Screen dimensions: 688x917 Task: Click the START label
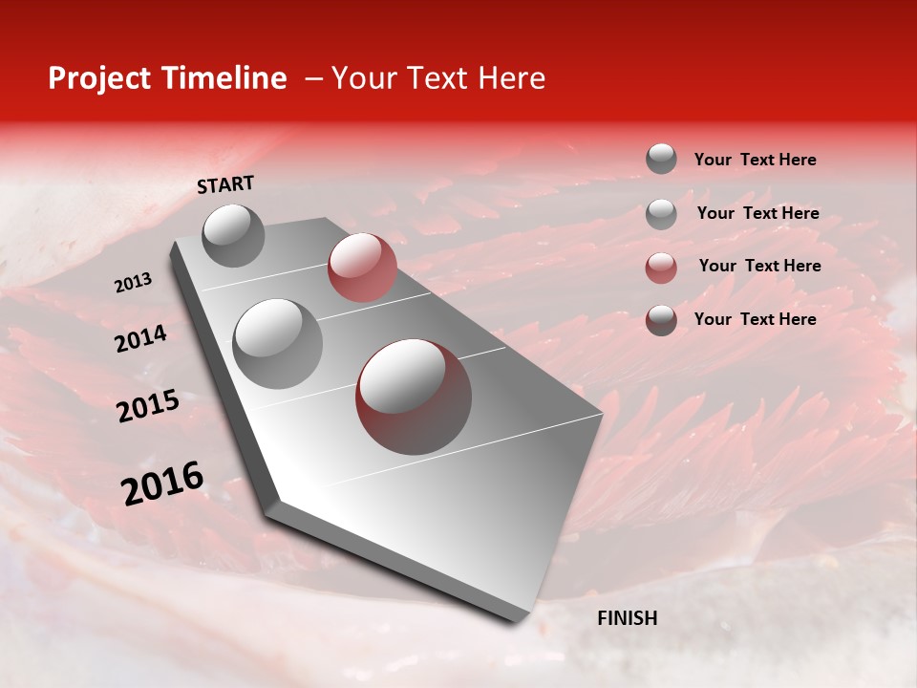pos(225,184)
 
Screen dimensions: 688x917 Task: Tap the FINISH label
pos(627,618)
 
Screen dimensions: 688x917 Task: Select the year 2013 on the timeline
pos(133,283)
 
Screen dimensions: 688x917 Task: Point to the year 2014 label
pos(140,339)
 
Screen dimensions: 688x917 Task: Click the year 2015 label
pos(148,407)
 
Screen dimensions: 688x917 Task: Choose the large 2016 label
pos(162,484)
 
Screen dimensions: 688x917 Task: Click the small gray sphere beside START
pos(233,235)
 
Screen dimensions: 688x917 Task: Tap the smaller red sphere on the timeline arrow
pos(362,268)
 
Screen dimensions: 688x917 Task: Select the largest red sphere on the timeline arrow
pos(414,397)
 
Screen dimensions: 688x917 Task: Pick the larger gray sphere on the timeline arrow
pos(278,343)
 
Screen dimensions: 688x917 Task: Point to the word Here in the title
pos(511,78)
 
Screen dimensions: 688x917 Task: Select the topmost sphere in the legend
pos(661,159)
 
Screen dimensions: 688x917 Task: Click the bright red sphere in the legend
pos(661,267)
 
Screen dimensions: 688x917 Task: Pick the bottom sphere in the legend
pos(661,320)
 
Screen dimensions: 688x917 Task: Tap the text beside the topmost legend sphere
pos(755,160)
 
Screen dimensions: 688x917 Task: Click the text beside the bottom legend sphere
pos(755,319)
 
